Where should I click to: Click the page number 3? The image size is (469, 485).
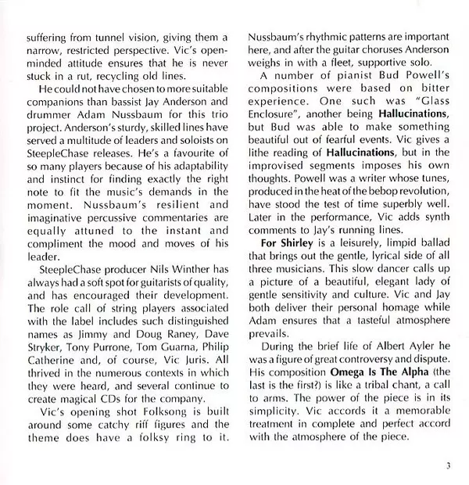449,468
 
